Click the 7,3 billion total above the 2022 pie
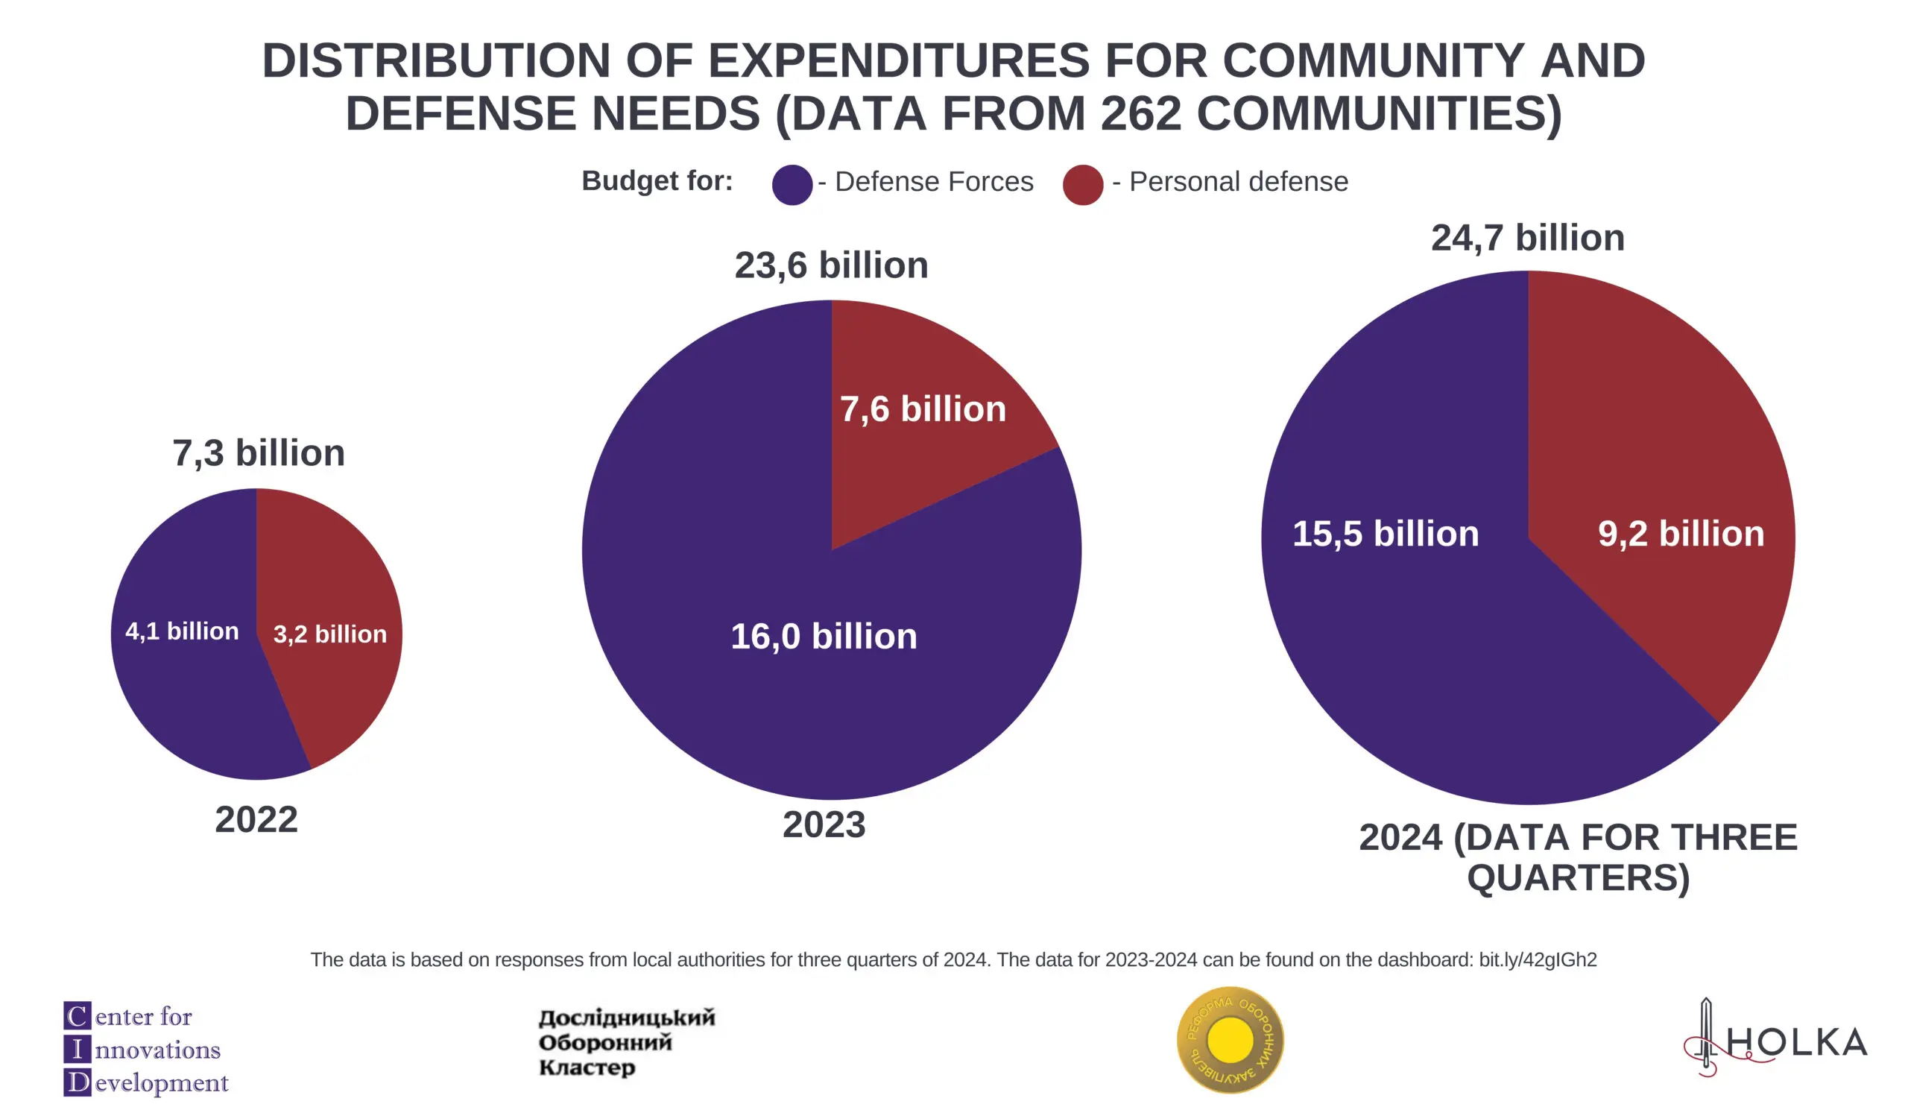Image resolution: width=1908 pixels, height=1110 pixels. pyautogui.click(x=258, y=452)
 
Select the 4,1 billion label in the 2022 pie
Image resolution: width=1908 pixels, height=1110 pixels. pyautogui.click(x=182, y=631)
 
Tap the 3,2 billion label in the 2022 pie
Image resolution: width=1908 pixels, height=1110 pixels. pyautogui.click(x=329, y=634)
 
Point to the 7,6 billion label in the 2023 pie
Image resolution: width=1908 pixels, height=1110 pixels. pyautogui.click(x=922, y=409)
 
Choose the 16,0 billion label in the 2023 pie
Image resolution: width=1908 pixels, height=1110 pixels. pyautogui.click(x=823, y=636)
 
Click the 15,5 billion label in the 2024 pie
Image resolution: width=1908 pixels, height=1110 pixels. pyautogui.click(x=1385, y=534)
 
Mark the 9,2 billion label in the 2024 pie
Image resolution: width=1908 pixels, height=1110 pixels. pyautogui.click(x=1680, y=534)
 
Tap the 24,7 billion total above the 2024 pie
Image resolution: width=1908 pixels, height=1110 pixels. pyautogui.click(x=1527, y=238)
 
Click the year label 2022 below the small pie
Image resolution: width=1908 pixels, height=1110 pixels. pyautogui.click(x=256, y=820)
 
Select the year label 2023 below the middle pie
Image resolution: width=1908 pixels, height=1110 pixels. pyautogui.click(x=823, y=824)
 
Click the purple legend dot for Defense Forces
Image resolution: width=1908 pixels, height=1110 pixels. pyautogui.click(x=792, y=185)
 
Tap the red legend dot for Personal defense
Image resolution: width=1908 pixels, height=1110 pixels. pyautogui.click(x=1082, y=185)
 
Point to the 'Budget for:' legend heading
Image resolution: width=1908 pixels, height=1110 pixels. pyautogui.click(x=657, y=181)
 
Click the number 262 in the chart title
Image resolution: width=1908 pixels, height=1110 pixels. pyautogui.click(x=1140, y=113)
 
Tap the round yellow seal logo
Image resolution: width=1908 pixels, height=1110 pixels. pyautogui.click(x=1230, y=1040)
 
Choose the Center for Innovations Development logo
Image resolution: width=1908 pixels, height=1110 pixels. pyautogui.click(x=145, y=1049)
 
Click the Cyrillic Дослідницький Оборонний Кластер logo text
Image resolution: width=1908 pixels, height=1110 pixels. pyautogui.click(x=626, y=1043)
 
